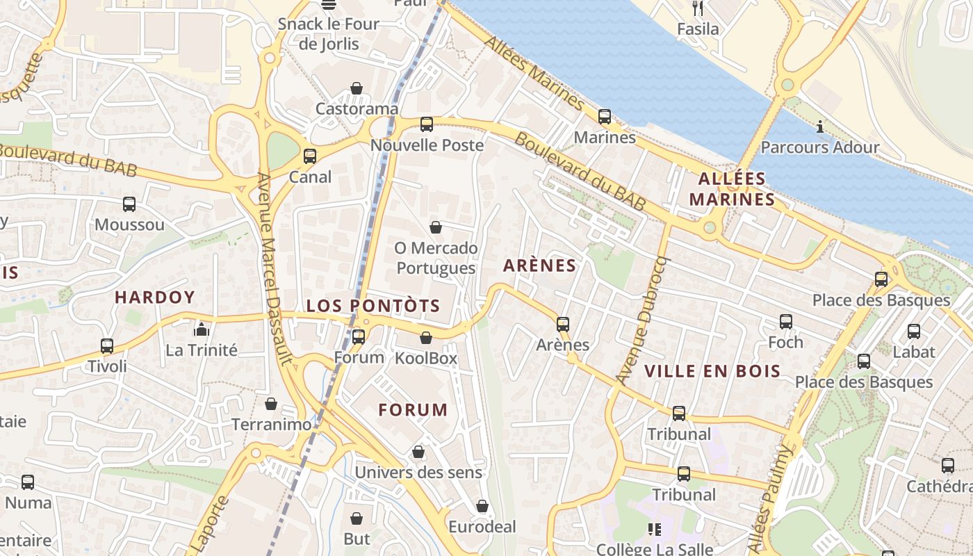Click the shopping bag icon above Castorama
[357, 88]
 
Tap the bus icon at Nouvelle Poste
[427, 124]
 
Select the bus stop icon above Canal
[310, 156]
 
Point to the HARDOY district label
[155, 297]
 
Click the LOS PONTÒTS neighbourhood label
[373, 306]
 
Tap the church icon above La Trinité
[202, 329]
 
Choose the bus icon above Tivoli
[107, 345]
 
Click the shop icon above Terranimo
[271, 403]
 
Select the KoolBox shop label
[426, 359]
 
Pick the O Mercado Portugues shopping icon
[436, 227]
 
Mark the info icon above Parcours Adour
[820, 126]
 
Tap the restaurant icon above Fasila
[698, 8]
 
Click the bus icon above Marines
[605, 116]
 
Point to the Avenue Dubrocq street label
[642, 320]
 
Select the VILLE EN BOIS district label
[712, 371]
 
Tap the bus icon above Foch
[786, 322]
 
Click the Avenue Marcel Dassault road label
[276, 268]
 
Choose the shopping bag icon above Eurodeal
[482, 506]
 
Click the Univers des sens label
[418, 473]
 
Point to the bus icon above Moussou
[129, 204]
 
